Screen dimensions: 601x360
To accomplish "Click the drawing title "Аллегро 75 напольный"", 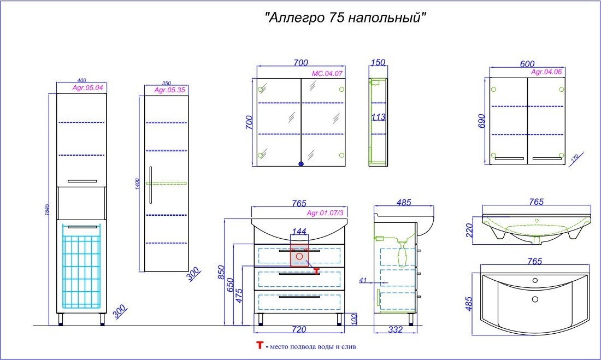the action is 345,17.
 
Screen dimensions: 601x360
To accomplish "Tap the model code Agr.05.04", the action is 88,87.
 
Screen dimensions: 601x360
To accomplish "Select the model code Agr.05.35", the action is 170,90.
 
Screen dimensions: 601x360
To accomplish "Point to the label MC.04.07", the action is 327,73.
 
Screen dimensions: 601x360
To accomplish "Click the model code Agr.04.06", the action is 546,72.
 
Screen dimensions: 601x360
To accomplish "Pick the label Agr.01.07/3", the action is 325,213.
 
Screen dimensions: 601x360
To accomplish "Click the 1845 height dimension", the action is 47,210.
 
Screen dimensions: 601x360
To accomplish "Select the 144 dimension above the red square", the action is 299,231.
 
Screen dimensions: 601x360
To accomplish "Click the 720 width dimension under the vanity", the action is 299,329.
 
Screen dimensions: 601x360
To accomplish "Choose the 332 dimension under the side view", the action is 395,329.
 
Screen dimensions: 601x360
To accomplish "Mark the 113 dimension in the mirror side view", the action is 378,117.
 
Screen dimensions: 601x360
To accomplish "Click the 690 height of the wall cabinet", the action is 482,121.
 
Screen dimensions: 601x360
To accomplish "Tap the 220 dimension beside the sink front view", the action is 470,231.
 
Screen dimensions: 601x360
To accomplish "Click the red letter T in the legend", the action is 260,345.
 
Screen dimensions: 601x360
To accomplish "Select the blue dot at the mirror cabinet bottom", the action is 301,164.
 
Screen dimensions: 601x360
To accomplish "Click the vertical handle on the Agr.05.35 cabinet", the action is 151,185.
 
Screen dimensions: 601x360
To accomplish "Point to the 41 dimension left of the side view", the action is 363,280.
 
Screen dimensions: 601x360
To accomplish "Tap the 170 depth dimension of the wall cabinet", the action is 574,157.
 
